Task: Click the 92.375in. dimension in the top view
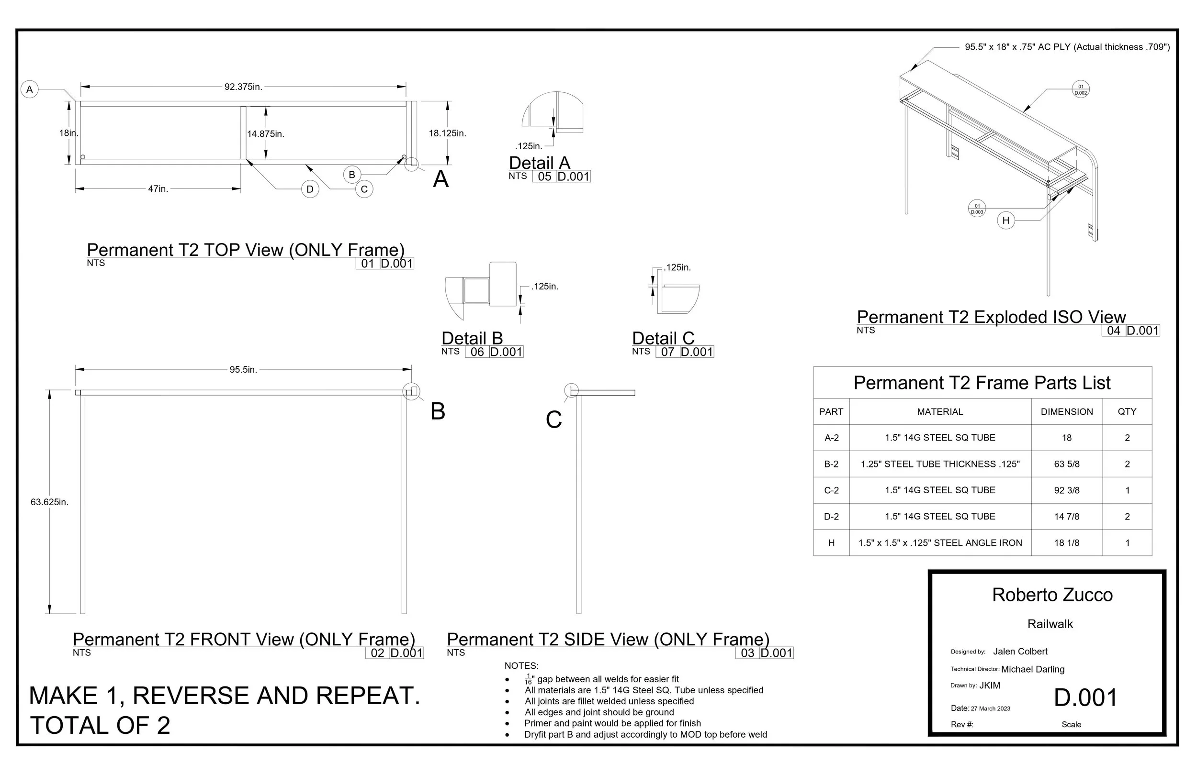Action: point(243,87)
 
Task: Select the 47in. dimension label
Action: point(158,189)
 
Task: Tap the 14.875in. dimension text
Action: point(266,134)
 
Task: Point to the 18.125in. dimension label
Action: point(448,133)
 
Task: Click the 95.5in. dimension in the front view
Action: point(243,370)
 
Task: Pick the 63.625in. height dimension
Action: point(49,502)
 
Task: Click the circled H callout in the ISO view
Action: point(1006,220)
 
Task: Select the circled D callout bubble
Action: point(310,189)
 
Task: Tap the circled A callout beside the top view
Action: point(30,89)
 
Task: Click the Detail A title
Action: point(540,163)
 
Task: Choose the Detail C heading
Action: point(664,338)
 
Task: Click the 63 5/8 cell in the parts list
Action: point(1067,464)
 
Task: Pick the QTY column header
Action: point(1127,411)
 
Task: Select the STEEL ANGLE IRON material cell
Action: point(940,543)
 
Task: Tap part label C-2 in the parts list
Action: point(831,490)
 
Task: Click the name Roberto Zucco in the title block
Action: point(1052,595)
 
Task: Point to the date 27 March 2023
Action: point(990,708)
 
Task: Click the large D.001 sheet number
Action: point(1085,697)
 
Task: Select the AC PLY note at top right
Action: point(1067,47)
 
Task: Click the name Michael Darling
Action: point(1033,669)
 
